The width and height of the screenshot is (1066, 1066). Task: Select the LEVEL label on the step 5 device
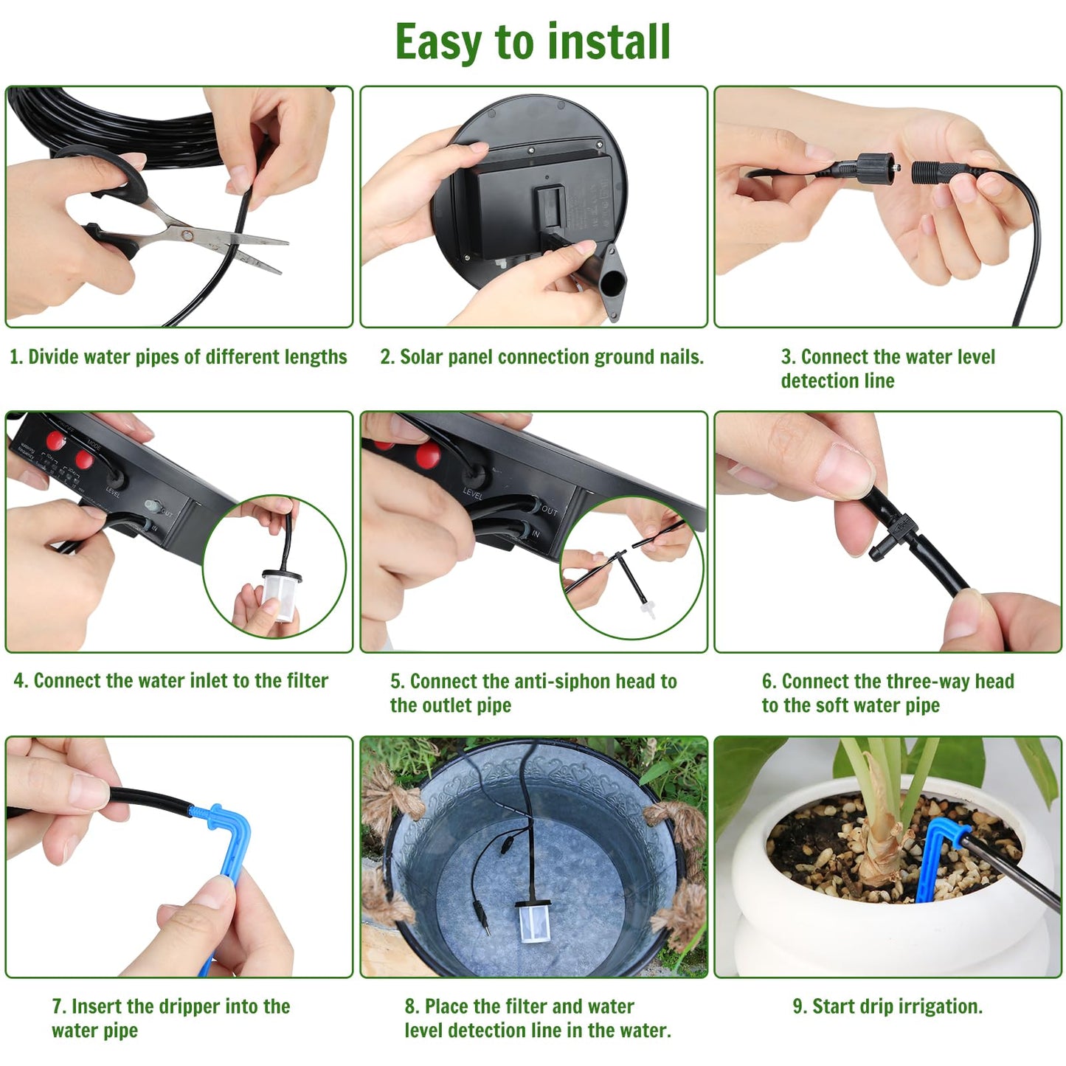473,494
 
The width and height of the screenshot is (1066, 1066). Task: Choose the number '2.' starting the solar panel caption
387,357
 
